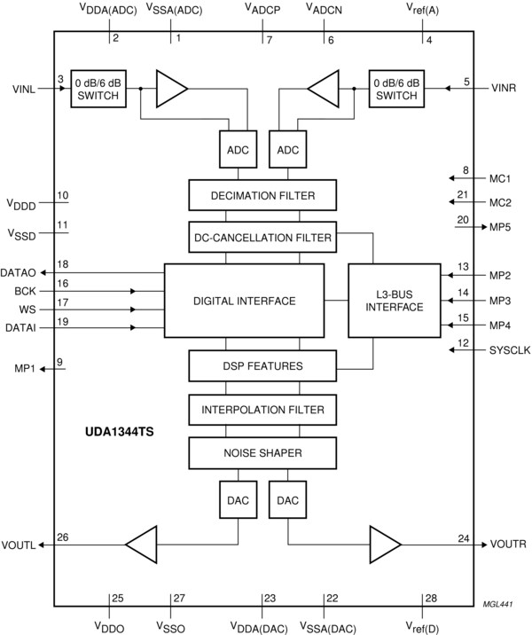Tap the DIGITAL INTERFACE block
[244, 301]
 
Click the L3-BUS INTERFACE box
[394, 300]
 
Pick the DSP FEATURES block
[262, 365]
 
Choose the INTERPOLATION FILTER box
[262, 410]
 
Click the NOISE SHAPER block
[262, 453]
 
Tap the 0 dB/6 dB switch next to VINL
[98, 88]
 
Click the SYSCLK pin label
[509, 351]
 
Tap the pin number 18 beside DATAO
[62, 264]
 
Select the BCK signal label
[25, 290]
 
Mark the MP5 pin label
[500, 227]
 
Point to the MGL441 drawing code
[500, 604]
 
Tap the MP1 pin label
[25, 368]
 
